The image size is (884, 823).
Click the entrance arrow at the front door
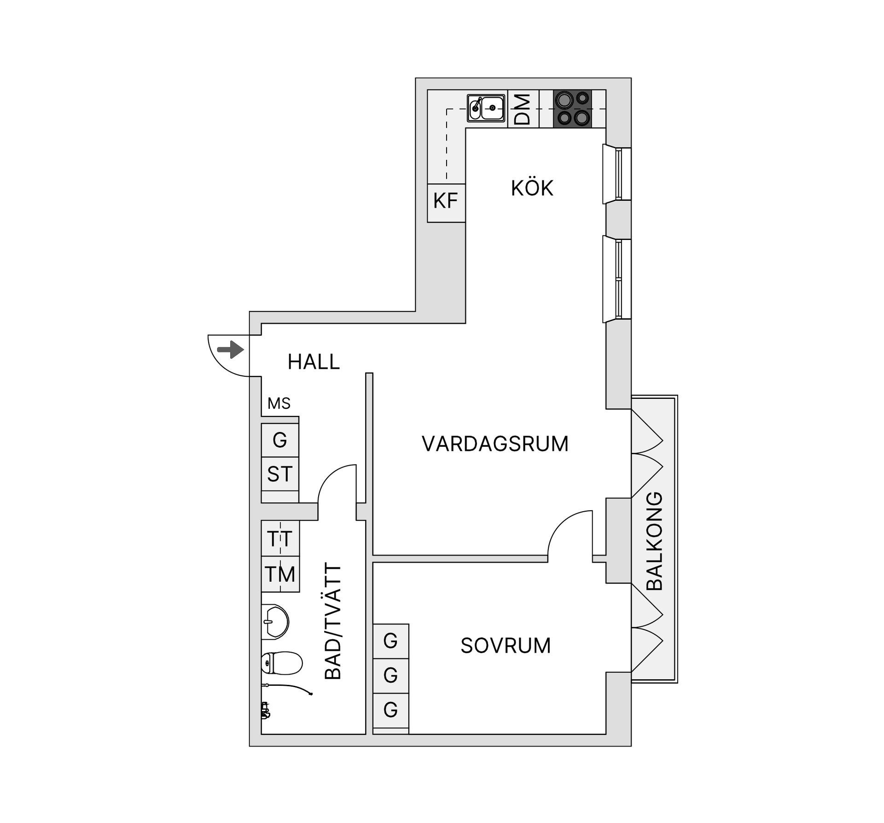click(x=231, y=350)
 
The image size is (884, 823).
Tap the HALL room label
click(x=314, y=362)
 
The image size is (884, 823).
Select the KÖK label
click(x=532, y=188)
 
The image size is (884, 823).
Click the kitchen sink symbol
click(x=486, y=108)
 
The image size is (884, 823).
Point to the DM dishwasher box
click(x=523, y=109)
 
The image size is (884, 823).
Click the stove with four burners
click(x=572, y=109)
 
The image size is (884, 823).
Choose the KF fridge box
click(x=446, y=202)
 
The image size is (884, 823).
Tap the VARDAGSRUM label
click(x=495, y=444)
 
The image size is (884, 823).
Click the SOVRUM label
click(x=506, y=646)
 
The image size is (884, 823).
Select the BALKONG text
click(x=654, y=542)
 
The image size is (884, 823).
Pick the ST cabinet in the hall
click(x=280, y=474)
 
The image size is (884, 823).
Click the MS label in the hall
click(x=279, y=404)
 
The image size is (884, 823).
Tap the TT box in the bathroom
click(x=280, y=538)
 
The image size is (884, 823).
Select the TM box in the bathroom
click(x=280, y=574)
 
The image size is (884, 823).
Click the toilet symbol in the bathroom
click(x=281, y=663)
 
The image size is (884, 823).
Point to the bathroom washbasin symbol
click(x=275, y=622)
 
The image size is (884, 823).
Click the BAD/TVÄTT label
click(x=333, y=621)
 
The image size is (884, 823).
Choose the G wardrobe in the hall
click(x=280, y=440)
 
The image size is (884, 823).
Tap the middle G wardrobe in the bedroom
click(x=390, y=676)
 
